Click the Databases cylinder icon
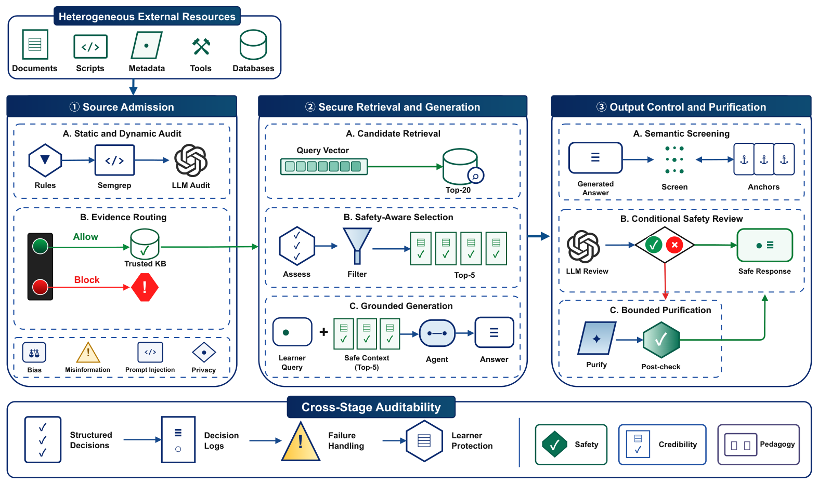(253, 45)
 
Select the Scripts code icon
(90, 47)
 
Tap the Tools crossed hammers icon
(201, 46)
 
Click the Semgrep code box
(115, 160)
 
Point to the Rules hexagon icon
(45, 160)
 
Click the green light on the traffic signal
(40, 246)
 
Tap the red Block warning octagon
(145, 287)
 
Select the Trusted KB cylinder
(145, 244)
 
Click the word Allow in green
(85, 237)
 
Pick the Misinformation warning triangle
(88, 352)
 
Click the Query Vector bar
(324, 167)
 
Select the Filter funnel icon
(357, 246)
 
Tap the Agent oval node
(437, 333)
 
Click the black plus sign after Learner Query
(323, 332)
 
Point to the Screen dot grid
(674, 160)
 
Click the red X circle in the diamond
(674, 245)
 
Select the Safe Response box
(764, 245)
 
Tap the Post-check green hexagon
(661, 340)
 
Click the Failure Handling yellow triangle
(301, 441)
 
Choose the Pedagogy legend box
(759, 444)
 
